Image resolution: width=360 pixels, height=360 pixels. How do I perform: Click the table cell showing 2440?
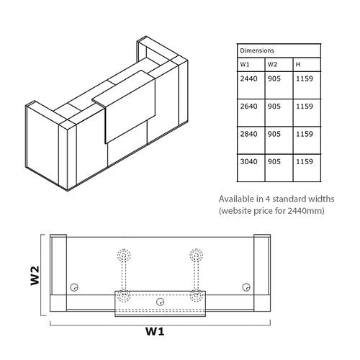248,78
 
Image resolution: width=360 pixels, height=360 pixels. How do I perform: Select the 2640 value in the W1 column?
248,107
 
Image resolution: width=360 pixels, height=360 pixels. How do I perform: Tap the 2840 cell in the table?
248,134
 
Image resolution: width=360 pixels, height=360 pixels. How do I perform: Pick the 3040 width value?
248,161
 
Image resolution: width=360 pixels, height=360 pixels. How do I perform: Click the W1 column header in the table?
245,65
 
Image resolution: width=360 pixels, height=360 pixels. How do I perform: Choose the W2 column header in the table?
272,65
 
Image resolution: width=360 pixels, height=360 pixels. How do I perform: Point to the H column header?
298,65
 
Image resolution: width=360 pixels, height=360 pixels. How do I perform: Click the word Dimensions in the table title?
257,50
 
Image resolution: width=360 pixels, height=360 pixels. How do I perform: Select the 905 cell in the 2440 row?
274,78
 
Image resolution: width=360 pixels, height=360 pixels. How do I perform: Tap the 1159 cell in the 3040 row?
305,161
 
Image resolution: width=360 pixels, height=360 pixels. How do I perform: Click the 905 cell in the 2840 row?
274,134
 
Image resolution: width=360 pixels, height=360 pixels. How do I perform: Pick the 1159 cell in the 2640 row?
305,107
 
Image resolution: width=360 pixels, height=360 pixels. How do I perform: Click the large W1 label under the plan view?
155,331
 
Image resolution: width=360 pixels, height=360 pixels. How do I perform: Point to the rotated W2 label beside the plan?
35,276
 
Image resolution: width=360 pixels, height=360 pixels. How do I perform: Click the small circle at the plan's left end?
74,287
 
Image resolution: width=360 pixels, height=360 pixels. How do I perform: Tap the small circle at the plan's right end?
246,287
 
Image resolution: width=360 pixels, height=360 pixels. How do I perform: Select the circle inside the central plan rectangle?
160,302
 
